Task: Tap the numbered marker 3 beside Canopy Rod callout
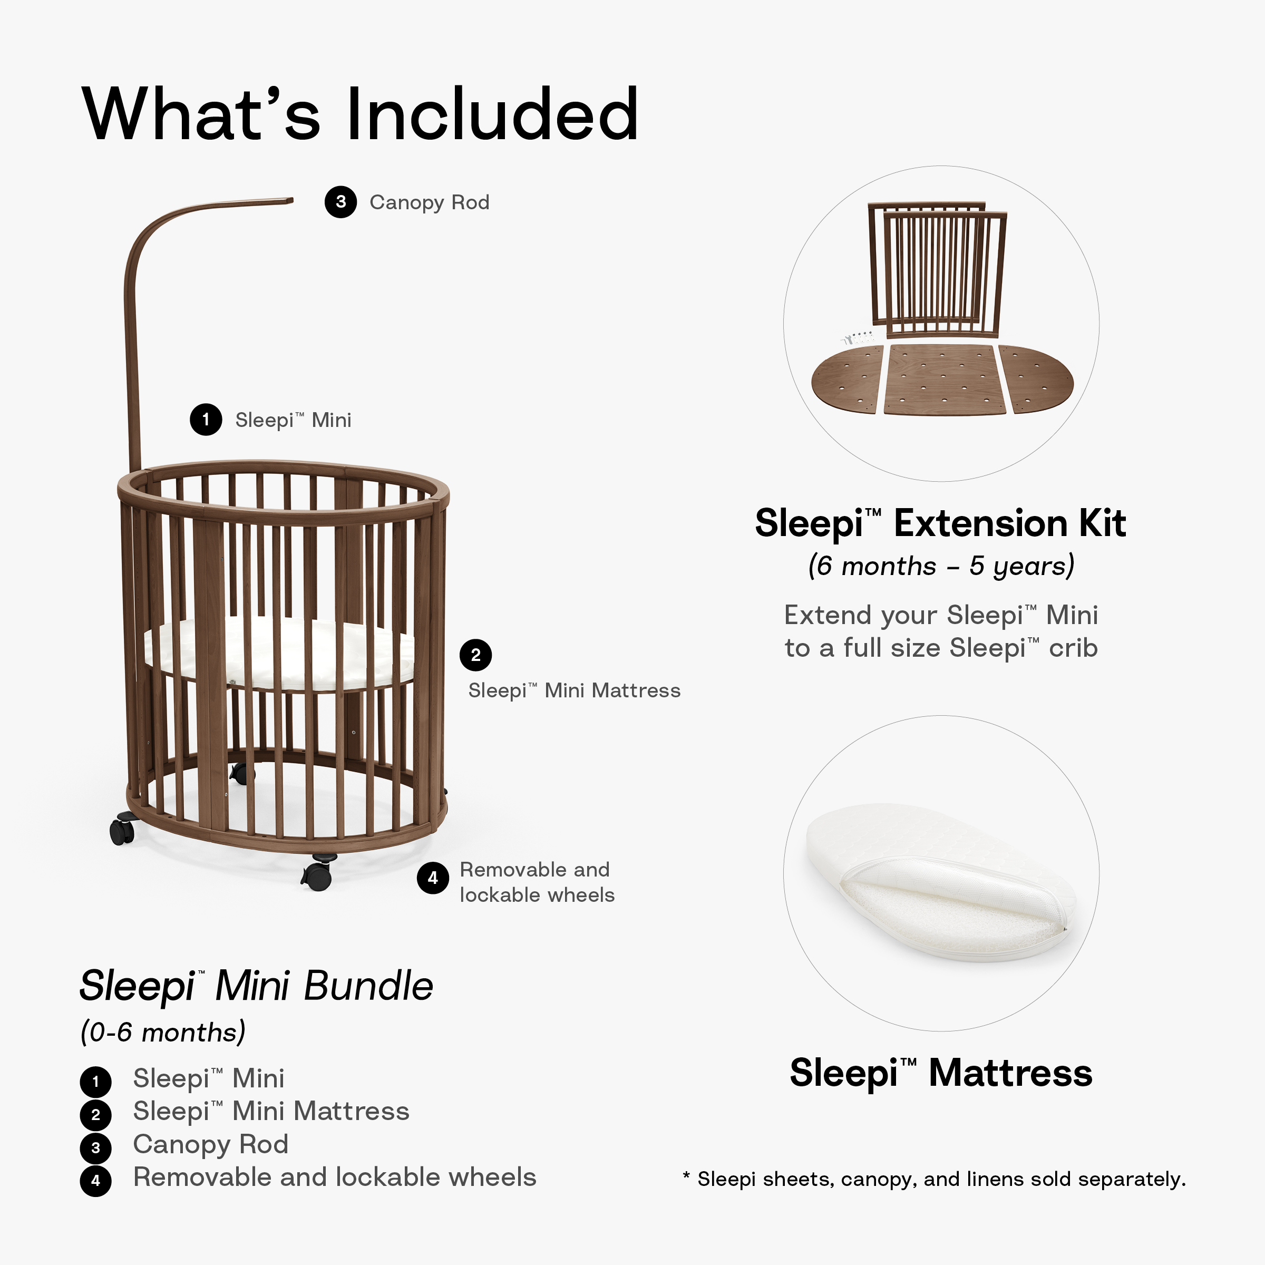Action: [x=340, y=202]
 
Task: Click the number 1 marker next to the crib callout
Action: [x=206, y=419]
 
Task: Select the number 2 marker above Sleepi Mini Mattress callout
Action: [x=475, y=655]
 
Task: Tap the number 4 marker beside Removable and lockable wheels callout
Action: [x=433, y=878]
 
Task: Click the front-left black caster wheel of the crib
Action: [x=122, y=830]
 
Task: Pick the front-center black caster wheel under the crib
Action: [x=317, y=873]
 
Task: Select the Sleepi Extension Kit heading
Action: [x=940, y=524]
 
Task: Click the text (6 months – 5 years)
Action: [x=941, y=566]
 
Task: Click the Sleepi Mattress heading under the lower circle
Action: [x=940, y=1073]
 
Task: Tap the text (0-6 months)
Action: [x=162, y=1033]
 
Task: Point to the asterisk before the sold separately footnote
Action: [x=686, y=1176]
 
